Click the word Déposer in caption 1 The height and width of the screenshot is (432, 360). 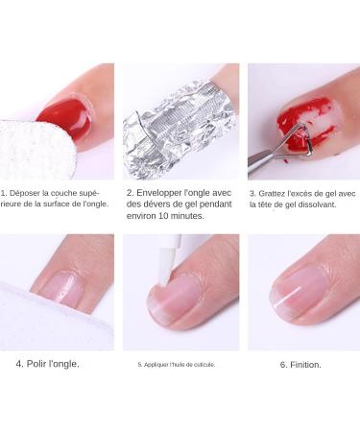28,192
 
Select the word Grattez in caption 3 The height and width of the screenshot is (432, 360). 274,193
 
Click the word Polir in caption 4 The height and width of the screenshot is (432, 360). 40,365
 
